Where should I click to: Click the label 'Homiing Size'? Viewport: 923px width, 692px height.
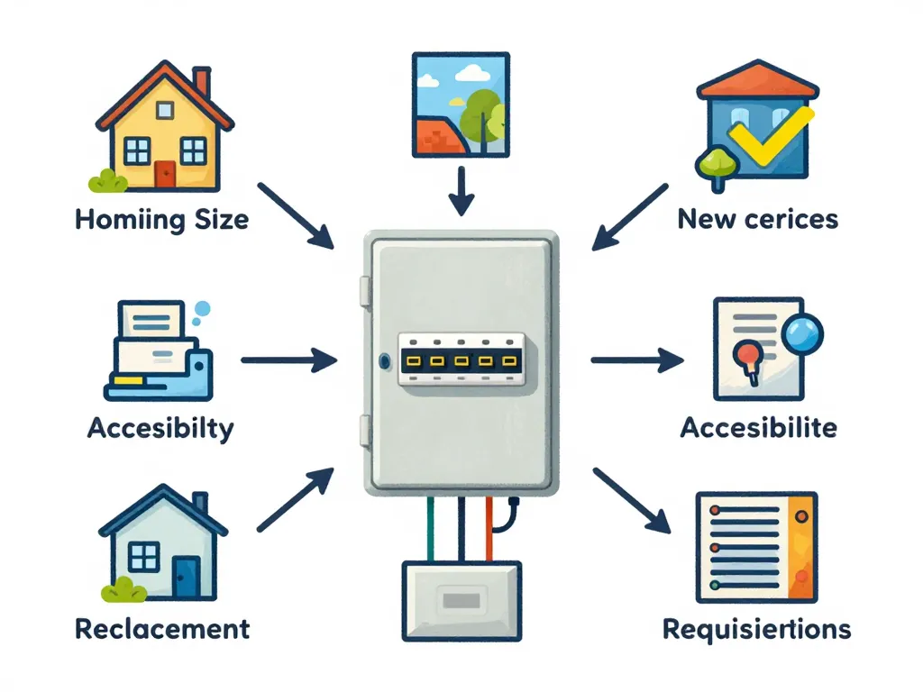163,219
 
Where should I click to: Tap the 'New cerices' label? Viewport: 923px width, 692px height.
757,218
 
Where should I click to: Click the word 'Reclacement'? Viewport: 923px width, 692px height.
162,628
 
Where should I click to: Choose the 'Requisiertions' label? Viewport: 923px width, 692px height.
757,628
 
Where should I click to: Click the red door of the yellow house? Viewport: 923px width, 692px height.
164,173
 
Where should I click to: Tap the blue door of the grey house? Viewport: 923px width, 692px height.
187,577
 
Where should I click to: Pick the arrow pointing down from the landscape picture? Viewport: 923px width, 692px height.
461,191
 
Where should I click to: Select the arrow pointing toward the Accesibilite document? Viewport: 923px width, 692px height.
636,360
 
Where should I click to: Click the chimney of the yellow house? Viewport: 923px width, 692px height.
202,83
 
